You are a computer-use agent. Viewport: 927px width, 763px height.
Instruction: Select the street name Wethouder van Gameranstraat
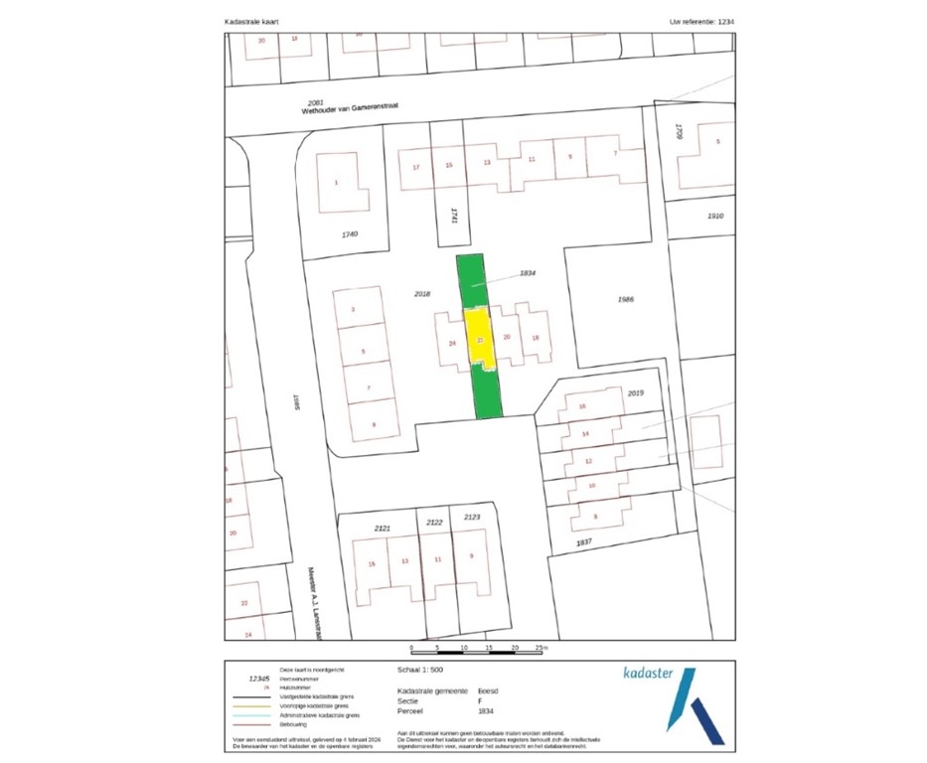pyautogui.click(x=369, y=110)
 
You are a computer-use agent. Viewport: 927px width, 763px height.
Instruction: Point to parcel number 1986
pyautogui.click(x=625, y=297)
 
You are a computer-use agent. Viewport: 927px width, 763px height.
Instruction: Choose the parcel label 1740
pyautogui.click(x=348, y=233)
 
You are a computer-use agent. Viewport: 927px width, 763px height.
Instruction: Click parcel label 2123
pyautogui.click(x=472, y=517)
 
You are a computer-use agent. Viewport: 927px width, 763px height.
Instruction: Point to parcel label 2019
pyautogui.click(x=636, y=393)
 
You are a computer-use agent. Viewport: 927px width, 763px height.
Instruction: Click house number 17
pyautogui.click(x=416, y=166)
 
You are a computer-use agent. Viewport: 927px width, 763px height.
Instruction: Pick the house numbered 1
pyautogui.click(x=336, y=182)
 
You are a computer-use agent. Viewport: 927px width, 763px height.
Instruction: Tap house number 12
pyautogui.click(x=589, y=462)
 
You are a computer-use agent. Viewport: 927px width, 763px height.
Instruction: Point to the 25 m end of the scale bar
pyautogui.click(x=540, y=648)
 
